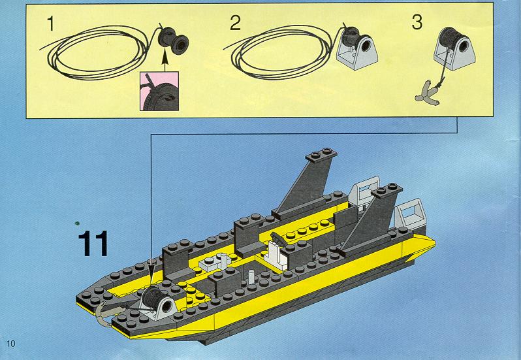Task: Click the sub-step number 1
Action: point(50,24)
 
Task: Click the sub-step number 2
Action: point(235,23)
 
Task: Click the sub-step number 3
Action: point(417,22)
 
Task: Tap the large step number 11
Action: point(93,243)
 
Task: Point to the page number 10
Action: point(11,344)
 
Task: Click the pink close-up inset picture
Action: point(159,91)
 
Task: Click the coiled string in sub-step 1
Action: point(97,52)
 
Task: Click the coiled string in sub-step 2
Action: point(281,52)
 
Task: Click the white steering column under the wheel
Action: point(276,255)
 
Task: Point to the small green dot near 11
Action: point(78,223)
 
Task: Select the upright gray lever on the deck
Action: point(251,277)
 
